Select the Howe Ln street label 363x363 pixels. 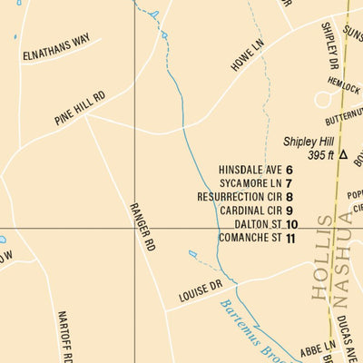coord(248,55)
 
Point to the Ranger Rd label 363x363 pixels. coord(143,227)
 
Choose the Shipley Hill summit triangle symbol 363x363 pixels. coord(343,155)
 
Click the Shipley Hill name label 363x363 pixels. coord(309,142)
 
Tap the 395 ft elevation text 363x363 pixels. coord(321,155)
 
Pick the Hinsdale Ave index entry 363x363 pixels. coord(250,170)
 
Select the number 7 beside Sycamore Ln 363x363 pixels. coord(289,183)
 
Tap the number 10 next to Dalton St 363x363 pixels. coord(291,224)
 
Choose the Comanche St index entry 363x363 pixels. coord(250,238)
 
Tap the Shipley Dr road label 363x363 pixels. coord(329,45)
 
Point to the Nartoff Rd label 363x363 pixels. coord(64,336)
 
